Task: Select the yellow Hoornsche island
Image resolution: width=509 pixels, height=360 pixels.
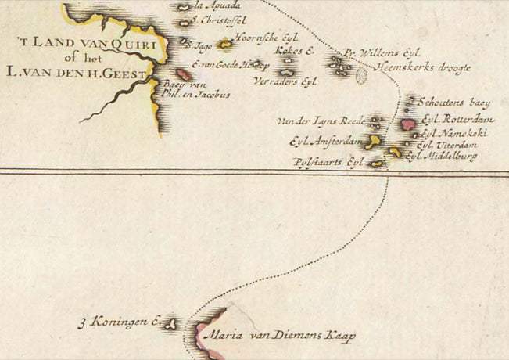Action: (226, 45)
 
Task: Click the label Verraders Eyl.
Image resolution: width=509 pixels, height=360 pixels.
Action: (285, 81)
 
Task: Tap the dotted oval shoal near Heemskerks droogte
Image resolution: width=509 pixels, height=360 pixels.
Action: (361, 76)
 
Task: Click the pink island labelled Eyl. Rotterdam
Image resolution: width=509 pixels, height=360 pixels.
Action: (407, 124)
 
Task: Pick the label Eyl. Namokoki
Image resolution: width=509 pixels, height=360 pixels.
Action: (454, 134)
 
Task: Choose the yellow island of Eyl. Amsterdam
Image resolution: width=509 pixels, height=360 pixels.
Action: (375, 141)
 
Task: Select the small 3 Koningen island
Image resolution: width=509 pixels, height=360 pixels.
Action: (172, 323)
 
